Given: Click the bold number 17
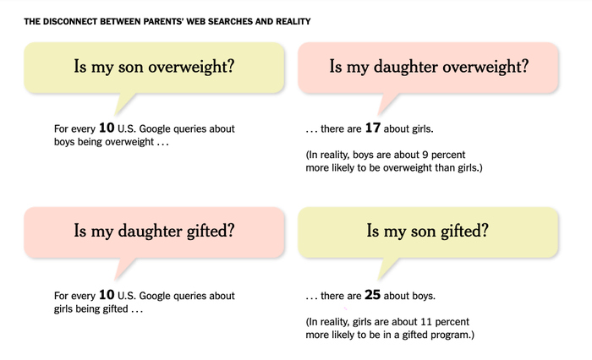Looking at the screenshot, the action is coord(373,128).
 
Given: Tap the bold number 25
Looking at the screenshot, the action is coord(373,295).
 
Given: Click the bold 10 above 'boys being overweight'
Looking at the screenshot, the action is coord(107,128).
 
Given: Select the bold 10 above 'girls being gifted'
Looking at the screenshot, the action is coord(107,295).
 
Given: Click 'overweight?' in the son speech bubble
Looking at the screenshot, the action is coord(191,67).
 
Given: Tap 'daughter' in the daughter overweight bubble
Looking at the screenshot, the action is coord(406,67).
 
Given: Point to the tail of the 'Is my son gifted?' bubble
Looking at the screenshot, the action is coord(386,269).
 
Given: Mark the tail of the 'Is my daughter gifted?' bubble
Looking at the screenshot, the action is coord(123,269).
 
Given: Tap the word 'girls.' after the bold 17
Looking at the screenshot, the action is coord(423,129).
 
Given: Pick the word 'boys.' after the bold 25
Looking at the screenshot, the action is coord(424,296).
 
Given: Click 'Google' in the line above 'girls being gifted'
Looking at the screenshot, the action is coord(154,296).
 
